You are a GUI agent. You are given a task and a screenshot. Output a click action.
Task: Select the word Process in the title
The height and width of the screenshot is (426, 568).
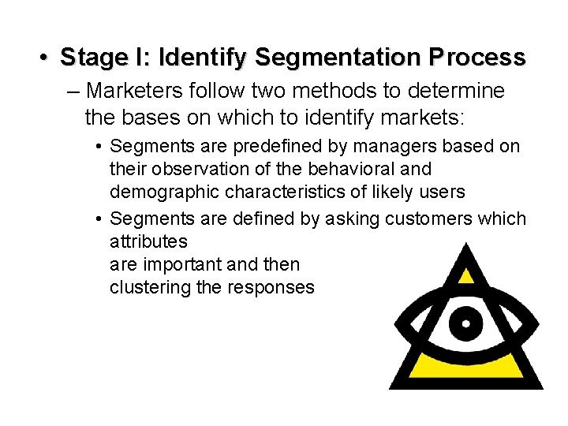477,58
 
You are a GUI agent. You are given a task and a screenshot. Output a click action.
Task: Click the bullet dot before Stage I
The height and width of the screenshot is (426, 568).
45,58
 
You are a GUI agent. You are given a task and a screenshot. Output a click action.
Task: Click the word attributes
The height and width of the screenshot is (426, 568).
148,241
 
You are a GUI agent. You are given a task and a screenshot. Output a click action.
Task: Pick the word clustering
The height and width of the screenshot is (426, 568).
150,287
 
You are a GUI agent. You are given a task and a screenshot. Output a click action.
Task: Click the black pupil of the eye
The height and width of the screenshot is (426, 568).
466,323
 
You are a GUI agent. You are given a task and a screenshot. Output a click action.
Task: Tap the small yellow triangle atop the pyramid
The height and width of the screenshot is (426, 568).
467,275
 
